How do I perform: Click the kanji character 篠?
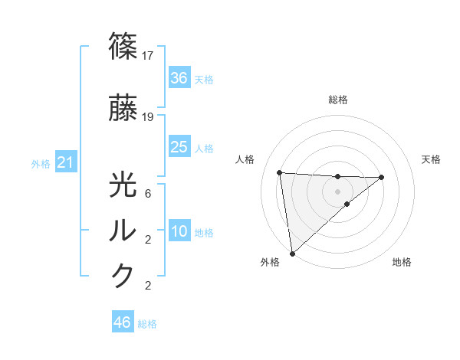coord(123,47)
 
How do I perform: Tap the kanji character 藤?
coord(123,110)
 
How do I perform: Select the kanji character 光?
coord(123,186)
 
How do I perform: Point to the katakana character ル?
coord(123,231)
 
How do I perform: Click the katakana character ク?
coord(123,276)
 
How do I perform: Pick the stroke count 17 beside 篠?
coord(149,55)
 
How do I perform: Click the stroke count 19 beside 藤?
coord(149,117)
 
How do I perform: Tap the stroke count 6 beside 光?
coord(149,194)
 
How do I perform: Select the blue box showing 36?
coord(179,78)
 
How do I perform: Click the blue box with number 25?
coord(179,147)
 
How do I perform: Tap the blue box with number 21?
coord(65,162)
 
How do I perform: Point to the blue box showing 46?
coord(122,322)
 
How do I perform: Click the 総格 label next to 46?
coord(147,324)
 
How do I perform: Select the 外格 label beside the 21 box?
coord(41,163)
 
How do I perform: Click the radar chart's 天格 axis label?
coord(432,159)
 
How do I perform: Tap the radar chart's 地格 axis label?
coord(402,262)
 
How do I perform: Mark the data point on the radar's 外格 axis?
coord(291,253)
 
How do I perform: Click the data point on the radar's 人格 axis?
coord(280,172)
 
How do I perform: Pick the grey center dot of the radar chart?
coord(337,191)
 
